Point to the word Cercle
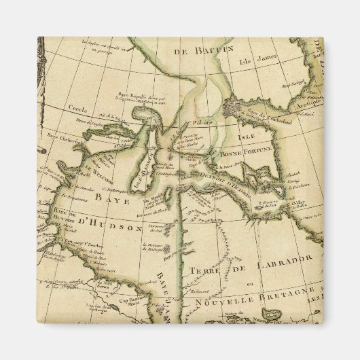tap(77, 108)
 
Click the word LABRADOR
tap(278, 259)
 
